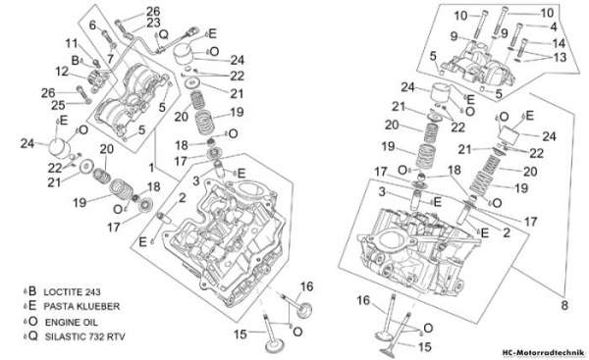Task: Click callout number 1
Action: (151, 168)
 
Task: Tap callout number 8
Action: (564, 305)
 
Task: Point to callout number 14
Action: (559, 43)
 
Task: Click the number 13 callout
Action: (560, 58)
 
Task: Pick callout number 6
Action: (92, 26)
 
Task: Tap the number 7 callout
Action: (109, 59)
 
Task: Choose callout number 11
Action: (72, 43)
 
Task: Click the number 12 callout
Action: (63, 72)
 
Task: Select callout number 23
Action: (153, 23)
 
